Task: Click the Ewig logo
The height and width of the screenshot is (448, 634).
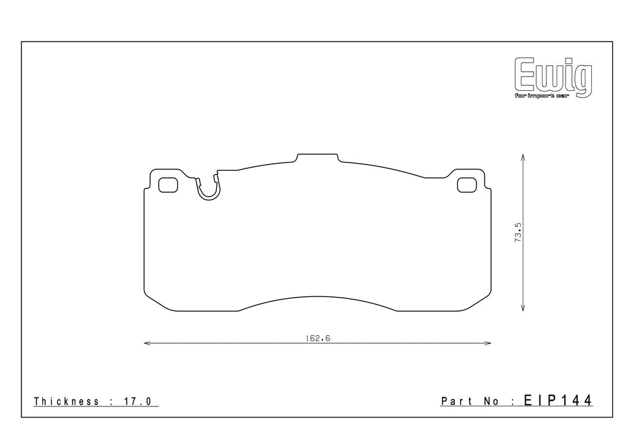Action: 553,77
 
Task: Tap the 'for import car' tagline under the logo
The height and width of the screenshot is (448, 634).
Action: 541,95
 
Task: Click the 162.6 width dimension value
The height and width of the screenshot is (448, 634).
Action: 318,338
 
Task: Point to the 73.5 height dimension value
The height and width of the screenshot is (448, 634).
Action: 518,232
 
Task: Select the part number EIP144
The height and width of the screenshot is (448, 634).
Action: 558,400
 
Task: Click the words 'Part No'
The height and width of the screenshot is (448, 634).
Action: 470,401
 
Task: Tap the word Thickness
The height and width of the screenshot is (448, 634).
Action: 67,401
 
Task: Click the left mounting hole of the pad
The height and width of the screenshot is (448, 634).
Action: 168,185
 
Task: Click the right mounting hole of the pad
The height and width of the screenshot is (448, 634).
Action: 467,185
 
